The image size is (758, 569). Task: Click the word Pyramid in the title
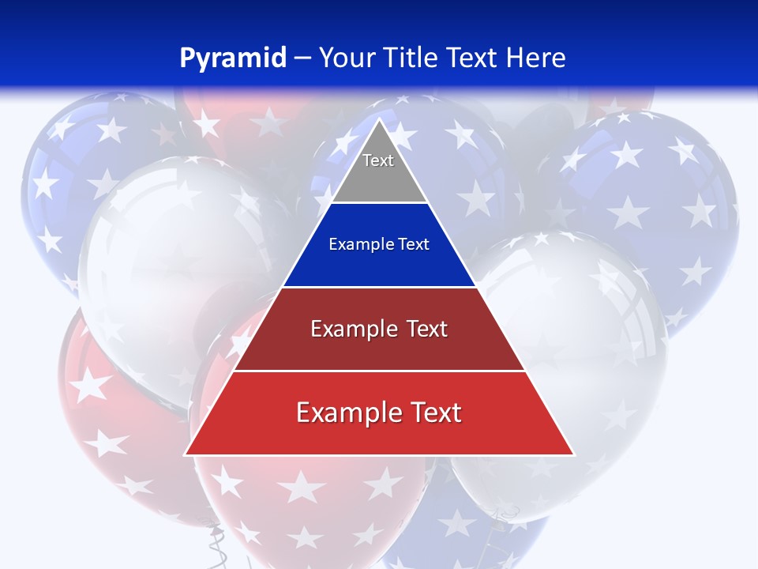(x=233, y=58)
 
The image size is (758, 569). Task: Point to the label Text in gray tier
(x=378, y=160)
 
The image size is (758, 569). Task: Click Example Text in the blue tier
(x=379, y=244)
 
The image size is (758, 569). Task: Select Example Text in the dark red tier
(x=379, y=329)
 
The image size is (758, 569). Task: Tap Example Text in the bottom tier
(x=379, y=413)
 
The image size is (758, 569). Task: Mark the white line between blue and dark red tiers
(x=379, y=287)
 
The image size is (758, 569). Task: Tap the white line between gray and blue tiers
(x=379, y=203)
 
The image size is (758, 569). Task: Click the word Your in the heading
(x=346, y=58)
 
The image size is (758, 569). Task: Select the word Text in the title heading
(x=475, y=58)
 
